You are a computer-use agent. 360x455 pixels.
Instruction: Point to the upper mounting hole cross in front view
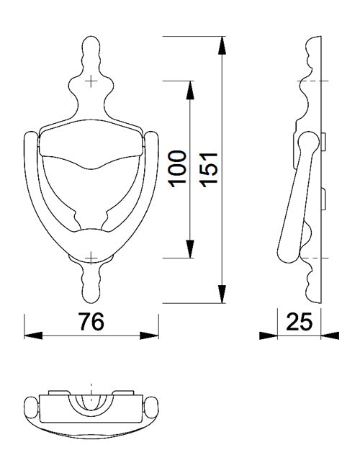(91, 81)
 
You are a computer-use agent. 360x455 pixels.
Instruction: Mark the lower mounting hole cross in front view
(91, 257)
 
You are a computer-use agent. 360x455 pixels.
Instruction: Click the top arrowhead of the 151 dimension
(221, 44)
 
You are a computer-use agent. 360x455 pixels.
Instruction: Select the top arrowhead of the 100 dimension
(189, 90)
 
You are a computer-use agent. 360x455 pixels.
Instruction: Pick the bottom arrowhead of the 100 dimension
(189, 248)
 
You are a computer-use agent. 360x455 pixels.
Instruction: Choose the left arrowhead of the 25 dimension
(269, 335)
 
